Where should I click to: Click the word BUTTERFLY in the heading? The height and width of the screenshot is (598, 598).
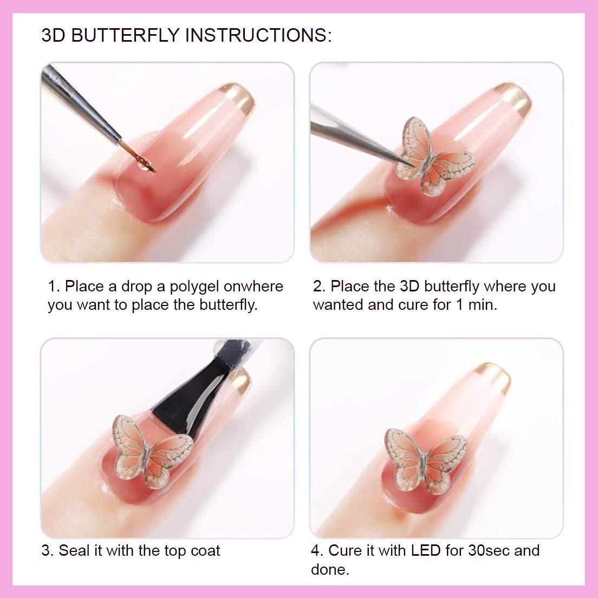point(126,35)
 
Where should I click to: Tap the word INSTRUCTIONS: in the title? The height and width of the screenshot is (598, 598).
point(258,35)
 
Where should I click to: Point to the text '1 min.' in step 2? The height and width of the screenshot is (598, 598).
point(477,305)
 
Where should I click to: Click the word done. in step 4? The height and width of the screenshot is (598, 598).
point(330,569)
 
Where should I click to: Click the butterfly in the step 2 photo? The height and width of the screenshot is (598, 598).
point(434,158)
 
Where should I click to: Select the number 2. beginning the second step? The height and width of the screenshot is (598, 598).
point(319,287)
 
